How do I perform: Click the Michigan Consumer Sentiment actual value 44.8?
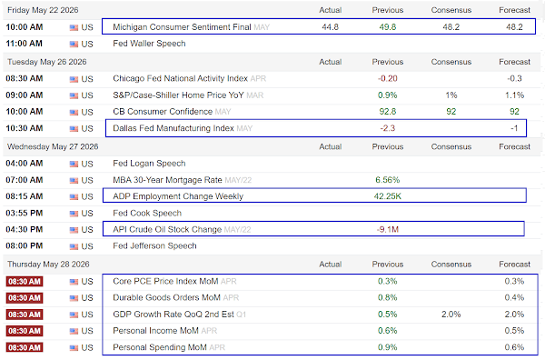tap(331, 26)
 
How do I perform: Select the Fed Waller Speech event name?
tap(149, 44)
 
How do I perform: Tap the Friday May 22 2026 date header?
tap(43, 10)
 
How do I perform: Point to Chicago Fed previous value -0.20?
tap(388, 78)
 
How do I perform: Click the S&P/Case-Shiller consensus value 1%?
tap(451, 95)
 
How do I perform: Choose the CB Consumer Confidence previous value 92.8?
tap(388, 111)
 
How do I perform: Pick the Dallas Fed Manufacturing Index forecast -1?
tap(514, 128)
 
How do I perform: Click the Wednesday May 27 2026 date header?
tap(53, 146)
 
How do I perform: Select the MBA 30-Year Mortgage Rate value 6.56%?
tap(388, 180)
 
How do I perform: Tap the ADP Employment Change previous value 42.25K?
tap(388, 196)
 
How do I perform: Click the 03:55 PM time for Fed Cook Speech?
tap(25, 213)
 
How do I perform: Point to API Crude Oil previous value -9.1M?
tap(388, 230)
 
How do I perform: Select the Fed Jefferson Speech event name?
tap(154, 246)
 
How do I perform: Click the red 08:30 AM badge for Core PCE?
tap(25, 282)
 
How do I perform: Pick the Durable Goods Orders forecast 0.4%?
tap(514, 298)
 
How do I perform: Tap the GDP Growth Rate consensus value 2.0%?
tap(451, 315)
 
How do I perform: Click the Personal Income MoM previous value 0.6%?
tap(388, 331)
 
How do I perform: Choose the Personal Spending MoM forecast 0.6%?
tap(514, 347)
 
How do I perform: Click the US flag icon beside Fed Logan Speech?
tap(74, 164)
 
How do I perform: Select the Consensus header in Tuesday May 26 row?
tap(451, 62)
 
